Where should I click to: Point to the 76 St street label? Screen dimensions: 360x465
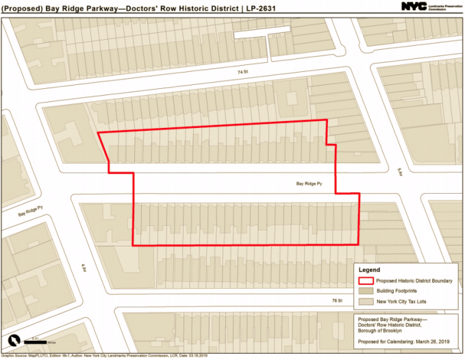336,300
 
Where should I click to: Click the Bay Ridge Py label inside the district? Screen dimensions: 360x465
309,183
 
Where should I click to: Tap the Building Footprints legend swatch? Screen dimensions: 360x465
366,291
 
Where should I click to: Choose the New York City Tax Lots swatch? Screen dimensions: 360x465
366,300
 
